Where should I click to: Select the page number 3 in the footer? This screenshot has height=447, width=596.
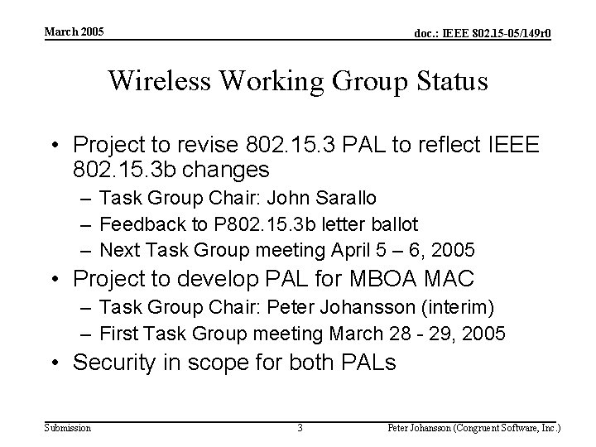coord(300,428)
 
